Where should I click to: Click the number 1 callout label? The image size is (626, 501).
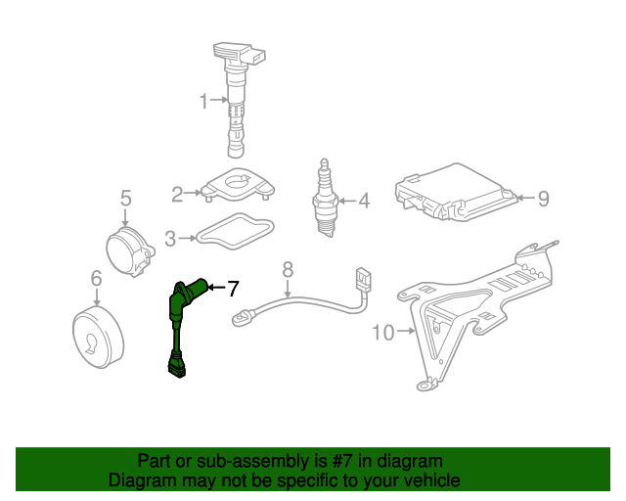pyautogui.click(x=204, y=101)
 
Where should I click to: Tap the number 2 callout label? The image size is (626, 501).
pyautogui.click(x=177, y=195)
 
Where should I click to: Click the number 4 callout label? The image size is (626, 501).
pyautogui.click(x=364, y=202)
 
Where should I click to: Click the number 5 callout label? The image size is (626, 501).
pyautogui.click(x=125, y=200)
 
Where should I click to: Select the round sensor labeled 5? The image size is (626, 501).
pyautogui.click(x=130, y=252)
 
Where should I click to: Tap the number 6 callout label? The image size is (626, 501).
pyautogui.click(x=96, y=280)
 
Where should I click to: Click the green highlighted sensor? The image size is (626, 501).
pyautogui.click(x=180, y=323)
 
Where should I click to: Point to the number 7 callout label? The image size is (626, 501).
pyautogui.click(x=233, y=289)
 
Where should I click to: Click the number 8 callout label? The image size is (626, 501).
pyautogui.click(x=288, y=269)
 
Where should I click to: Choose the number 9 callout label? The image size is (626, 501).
pyautogui.click(x=543, y=199)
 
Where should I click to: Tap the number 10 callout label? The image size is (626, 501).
pyautogui.click(x=383, y=333)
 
